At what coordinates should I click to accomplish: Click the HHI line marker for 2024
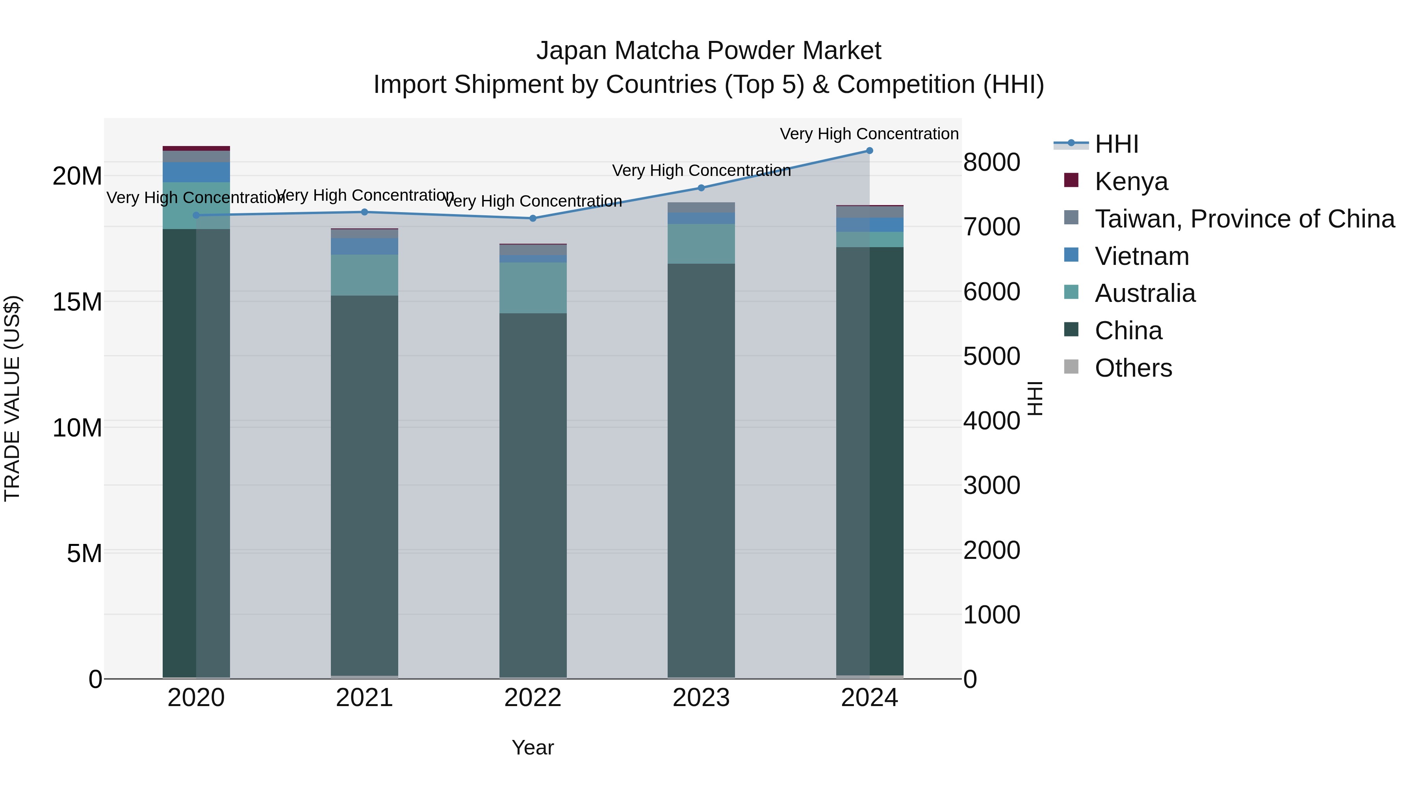869,151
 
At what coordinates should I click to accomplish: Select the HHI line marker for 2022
532,218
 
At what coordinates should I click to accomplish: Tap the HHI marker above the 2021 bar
364,212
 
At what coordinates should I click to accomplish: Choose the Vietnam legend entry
1141,256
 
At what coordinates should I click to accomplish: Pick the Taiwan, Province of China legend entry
1244,219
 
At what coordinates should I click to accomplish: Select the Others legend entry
1133,368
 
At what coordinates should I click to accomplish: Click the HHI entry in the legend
1116,144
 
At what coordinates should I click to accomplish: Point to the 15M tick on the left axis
77,302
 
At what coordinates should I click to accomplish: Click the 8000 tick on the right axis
991,162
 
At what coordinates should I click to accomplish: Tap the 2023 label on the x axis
701,698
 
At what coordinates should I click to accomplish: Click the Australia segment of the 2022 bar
532,288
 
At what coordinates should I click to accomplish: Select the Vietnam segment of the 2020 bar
196,172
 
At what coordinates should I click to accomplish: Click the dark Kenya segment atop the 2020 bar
196,148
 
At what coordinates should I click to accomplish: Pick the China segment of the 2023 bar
701,468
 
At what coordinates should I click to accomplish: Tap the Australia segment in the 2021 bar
364,275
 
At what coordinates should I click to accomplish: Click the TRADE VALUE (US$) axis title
12,398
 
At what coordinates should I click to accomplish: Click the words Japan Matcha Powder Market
709,51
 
